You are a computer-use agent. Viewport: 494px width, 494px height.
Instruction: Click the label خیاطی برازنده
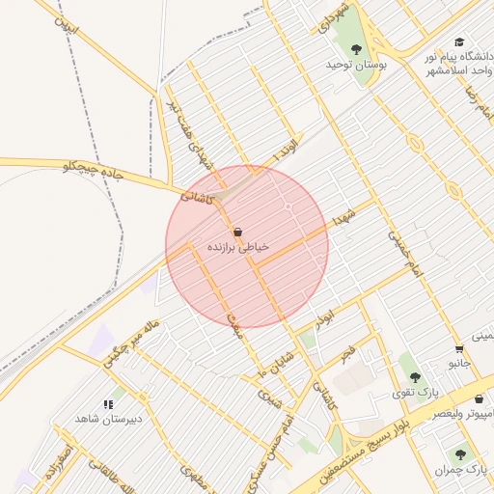pyautogui.click(x=238, y=248)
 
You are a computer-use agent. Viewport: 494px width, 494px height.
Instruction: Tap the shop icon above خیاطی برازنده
pyautogui.click(x=238, y=232)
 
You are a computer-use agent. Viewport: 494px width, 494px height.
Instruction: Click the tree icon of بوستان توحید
pyautogui.click(x=357, y=47)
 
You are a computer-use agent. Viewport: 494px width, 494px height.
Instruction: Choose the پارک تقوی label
pyautogui.click(x=415, y=392)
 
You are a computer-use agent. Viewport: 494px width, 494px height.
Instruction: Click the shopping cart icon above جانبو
pyautogui.click(x=459, y=348)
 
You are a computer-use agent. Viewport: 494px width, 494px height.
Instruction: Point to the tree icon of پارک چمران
pyautogui.click(x=461, y=453)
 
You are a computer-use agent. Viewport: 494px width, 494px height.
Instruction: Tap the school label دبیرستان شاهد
pyautogui.click(x=110, y=420)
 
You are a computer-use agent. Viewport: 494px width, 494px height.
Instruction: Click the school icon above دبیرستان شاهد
pyautogui.click(x=108, y=404)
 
